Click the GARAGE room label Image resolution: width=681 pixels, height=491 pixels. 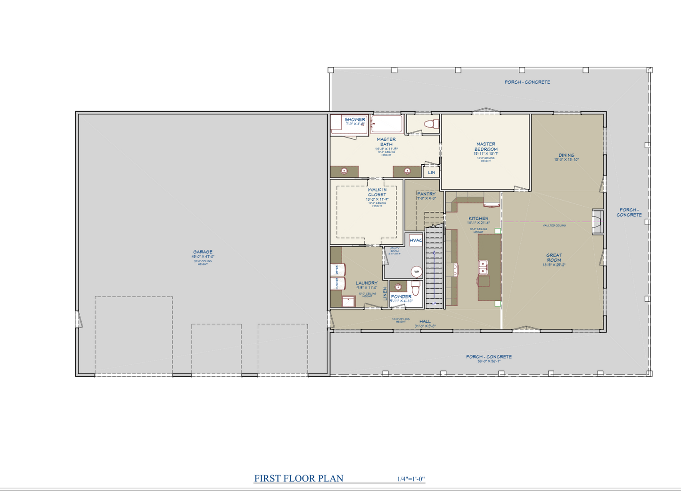coord(203,252)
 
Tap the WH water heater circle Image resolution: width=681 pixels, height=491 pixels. coord(416,272)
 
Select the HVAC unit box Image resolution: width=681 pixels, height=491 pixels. coord(416,241)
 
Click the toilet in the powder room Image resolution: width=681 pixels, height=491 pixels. coord(415,287)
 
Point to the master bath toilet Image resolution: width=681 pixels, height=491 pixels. coord(430,124)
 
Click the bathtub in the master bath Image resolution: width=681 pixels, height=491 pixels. coord(386,125)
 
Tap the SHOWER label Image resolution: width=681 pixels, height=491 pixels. coord(355,120)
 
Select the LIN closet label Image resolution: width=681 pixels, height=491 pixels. coord(431,172)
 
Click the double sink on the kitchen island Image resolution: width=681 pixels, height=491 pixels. coord(483,268)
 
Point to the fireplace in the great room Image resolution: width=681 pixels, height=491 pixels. coord(598,222)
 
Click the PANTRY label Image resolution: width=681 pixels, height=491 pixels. coord(426,193)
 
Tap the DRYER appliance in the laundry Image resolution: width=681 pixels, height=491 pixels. coord(337,270)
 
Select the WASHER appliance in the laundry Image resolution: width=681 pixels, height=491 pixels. coord(337,283)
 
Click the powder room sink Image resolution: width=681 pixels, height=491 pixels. coord(398,287)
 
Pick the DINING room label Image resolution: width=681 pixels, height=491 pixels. coord(566,155)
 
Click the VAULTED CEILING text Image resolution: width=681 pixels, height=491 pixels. coord(554,225)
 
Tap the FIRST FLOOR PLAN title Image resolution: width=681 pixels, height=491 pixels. coord(298,478)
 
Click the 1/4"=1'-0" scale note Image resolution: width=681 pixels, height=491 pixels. coord(410,479)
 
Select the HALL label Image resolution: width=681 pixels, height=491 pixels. coord(425,321)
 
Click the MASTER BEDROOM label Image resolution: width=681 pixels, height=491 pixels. coord(485,146)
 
